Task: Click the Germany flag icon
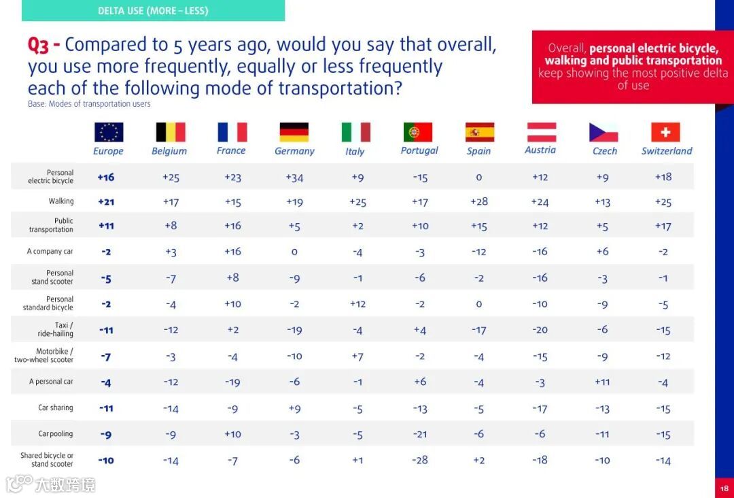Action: click(294, 132)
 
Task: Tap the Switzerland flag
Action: click(665, 132)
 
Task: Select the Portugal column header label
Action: click(419, 150)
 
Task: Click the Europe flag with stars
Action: click(109, 132)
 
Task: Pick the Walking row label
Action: click(60, 201)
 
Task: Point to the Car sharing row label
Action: click(55, 408)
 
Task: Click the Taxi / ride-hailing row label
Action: click(56, 329)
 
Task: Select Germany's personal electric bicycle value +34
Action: click(294, 178)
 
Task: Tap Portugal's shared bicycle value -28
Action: click(420, 460)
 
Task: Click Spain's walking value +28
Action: click(479, 201)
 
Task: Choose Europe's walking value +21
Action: click(105, 201)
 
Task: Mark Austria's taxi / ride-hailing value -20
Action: click(540, 330)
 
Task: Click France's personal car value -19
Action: click(232, 382)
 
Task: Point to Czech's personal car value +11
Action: click(602, 382)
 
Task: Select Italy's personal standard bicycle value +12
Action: click(357, 304)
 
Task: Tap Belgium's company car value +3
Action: click(171, 252)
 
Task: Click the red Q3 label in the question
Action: click(43, 45)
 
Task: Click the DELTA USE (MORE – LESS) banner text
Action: click(153, 11)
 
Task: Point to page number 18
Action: click(724, 488)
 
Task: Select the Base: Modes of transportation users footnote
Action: click(89, 104)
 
